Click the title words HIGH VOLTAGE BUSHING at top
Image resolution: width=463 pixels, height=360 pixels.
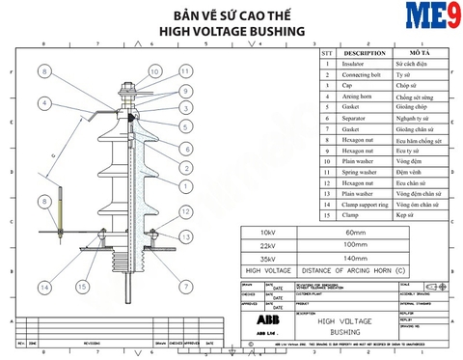coord(231,31)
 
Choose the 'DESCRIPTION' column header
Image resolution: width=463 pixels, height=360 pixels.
coord(364,53)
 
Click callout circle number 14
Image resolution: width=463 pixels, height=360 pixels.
coord(45,288)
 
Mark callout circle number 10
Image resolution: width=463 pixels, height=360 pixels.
coord(154,70)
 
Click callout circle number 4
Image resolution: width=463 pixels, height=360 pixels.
coord(45,102)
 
